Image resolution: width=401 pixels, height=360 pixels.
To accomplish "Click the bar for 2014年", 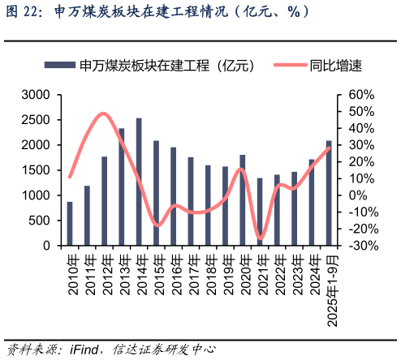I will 139,182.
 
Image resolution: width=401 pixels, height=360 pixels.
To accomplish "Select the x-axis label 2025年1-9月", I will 330,287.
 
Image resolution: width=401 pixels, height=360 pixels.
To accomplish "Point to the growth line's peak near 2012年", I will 103,114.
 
